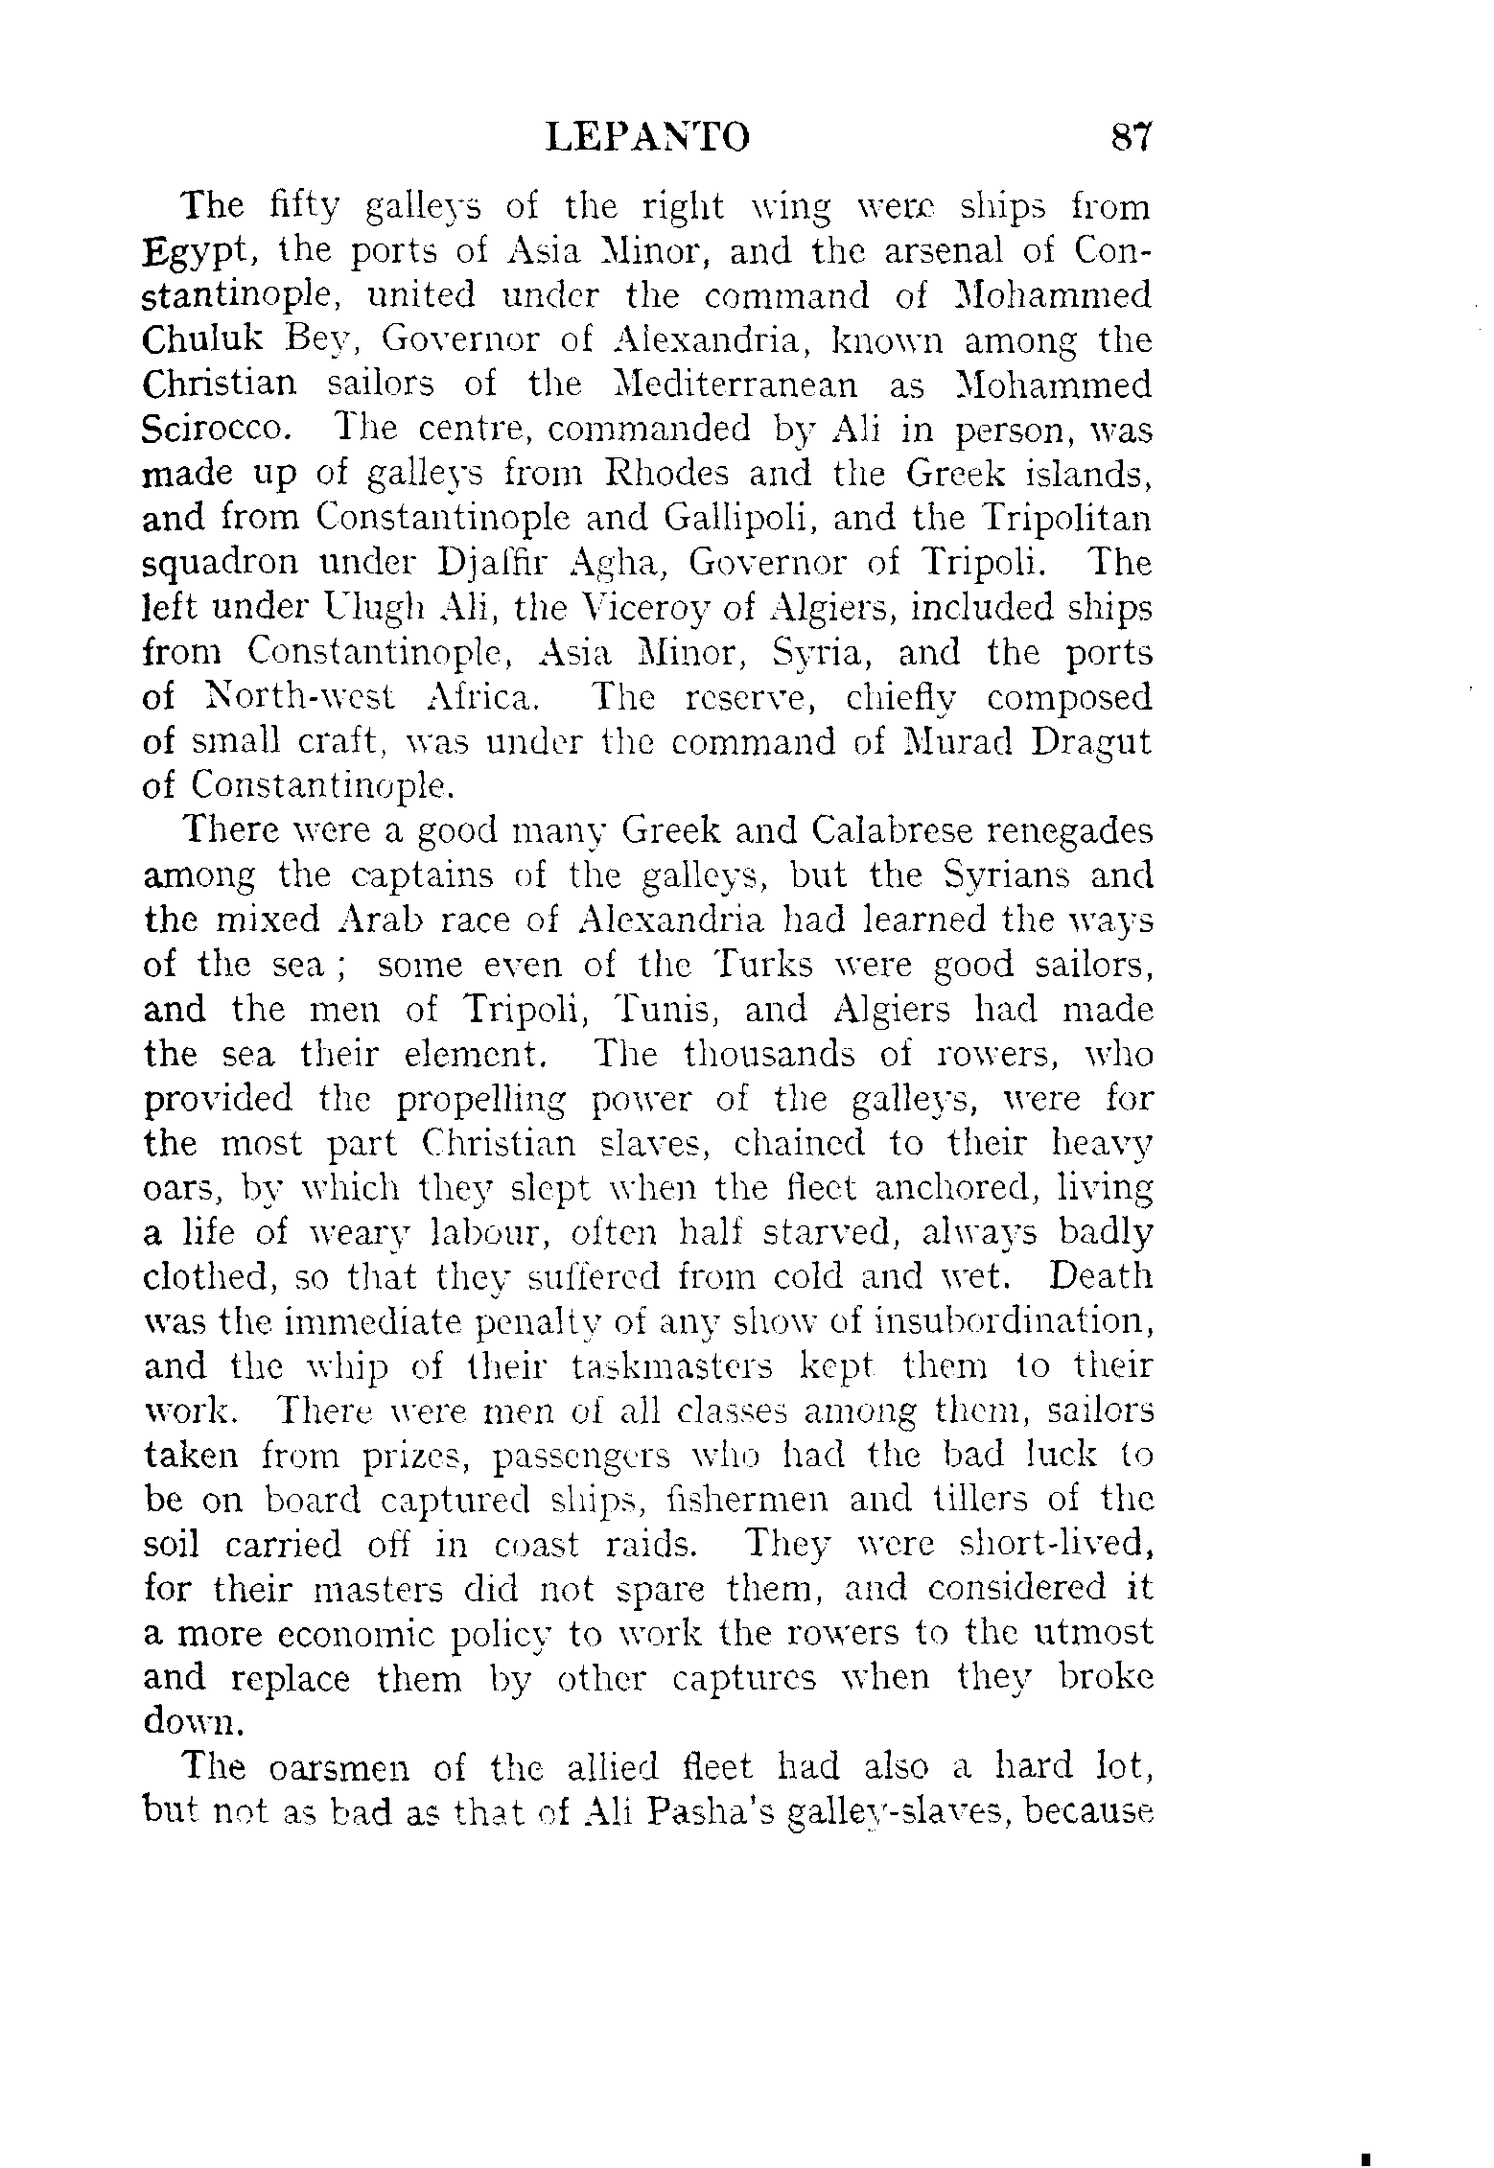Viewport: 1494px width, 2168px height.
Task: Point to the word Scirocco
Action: coord(216,430)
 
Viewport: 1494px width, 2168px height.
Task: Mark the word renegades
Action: coord(1069,830)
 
